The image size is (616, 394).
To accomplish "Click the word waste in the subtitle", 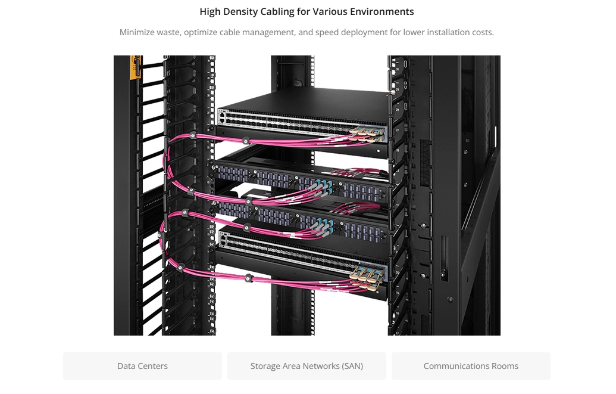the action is pos(169,32).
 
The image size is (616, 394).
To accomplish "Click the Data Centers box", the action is pos(142,366).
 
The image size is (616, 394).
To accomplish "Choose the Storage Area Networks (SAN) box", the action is pos(307,366).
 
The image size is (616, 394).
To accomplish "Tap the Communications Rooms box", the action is pos(471,366).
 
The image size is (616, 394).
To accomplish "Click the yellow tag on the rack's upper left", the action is pos(136,67).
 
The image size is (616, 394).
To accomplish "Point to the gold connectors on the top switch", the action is pos(368,134).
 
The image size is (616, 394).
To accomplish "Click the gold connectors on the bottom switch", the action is pos(368,278).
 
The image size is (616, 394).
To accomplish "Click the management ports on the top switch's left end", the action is pos(223,116).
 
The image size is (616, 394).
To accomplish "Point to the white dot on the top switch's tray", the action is pos(379,151).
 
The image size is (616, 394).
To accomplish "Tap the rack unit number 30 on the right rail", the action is pos(397,69).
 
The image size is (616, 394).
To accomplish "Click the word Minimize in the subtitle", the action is pos(137,32).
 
